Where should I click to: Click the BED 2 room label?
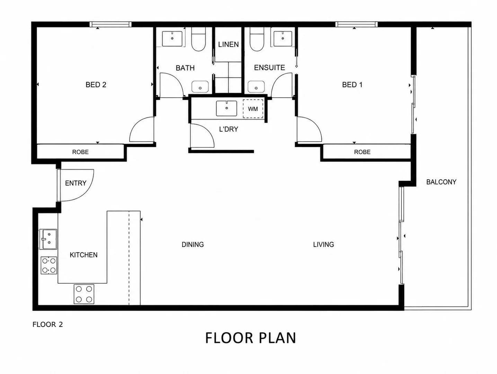pos(96,85)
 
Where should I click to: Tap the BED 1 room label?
pos(352,85)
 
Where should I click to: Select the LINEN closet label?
pos(228,44)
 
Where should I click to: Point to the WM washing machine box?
pos(253,109)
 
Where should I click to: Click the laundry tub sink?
pos(227,108)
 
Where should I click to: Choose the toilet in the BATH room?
pos(198,39)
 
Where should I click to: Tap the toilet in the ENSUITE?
pos(257,39)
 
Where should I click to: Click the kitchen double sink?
pos(48,239)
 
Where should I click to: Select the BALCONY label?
pos(441,182)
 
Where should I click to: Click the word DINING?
pos(193,244)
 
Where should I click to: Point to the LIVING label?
pos(323,244)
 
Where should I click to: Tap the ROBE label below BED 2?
pos(80,152)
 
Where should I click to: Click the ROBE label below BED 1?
pos(362,152)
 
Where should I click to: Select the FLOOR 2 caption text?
pos(47,324)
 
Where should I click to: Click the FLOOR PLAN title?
pos(250,338)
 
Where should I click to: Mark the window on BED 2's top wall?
pos(110,24)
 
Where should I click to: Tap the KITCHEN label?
pos(83,255)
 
